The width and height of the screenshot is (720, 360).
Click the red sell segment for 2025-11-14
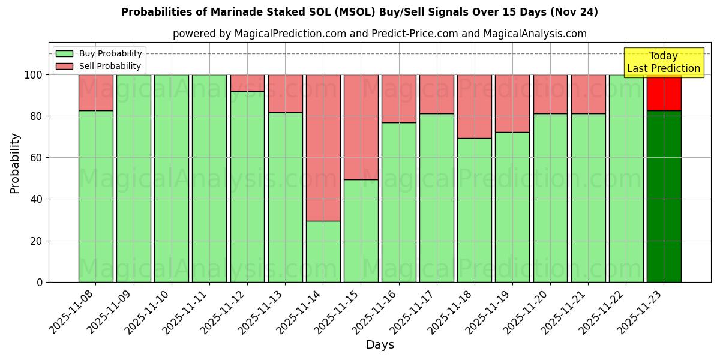pos(323,148)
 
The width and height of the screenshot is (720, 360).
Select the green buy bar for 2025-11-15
pos(361,230)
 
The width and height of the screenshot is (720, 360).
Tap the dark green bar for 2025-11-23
pos(664,196)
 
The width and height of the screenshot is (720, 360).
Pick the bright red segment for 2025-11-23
pos(664,92)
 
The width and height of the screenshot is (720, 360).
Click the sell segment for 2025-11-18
pos(474,106)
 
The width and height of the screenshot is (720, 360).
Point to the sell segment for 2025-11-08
pos(95,92)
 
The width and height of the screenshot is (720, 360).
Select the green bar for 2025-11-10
pos(171,178)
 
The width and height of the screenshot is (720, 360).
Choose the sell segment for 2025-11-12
pos(247,83)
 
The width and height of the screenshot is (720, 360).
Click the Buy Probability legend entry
pos(98,53)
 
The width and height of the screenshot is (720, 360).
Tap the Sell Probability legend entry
pos(98,66)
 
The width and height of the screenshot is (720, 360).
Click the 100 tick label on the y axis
pos(34,75)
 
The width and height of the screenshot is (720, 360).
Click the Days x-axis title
pos(380,345)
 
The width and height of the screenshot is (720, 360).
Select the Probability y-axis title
pos(15,163)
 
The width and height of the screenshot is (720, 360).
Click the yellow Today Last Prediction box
pos(664,62)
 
